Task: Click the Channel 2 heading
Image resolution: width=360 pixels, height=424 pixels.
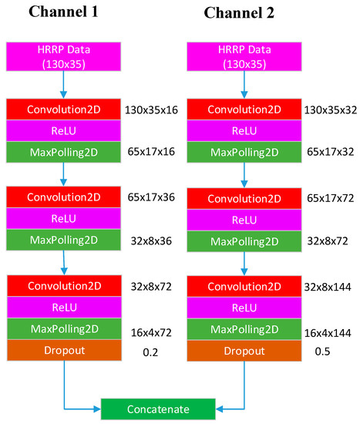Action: pyautogui.click(x=240, y=13)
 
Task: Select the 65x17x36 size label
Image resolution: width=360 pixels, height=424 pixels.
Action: pyautogui.click(x=150, y=197)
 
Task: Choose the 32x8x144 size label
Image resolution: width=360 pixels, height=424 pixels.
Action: pyautogui.click(x=328, y=286)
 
